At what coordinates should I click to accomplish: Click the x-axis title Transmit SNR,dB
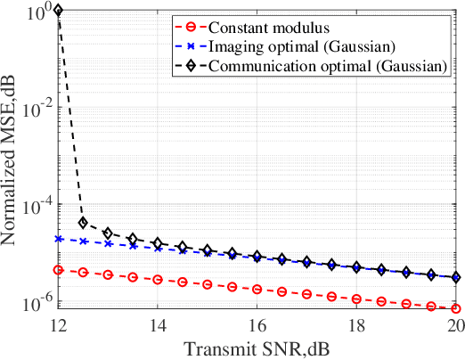tap(257, 346)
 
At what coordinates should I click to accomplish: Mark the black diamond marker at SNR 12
tap(58, 11)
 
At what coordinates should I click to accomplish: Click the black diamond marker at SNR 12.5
tap(83, 223)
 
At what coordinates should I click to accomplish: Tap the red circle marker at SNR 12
tap(58, 269)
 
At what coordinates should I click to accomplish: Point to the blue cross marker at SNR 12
tap(58, 239)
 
